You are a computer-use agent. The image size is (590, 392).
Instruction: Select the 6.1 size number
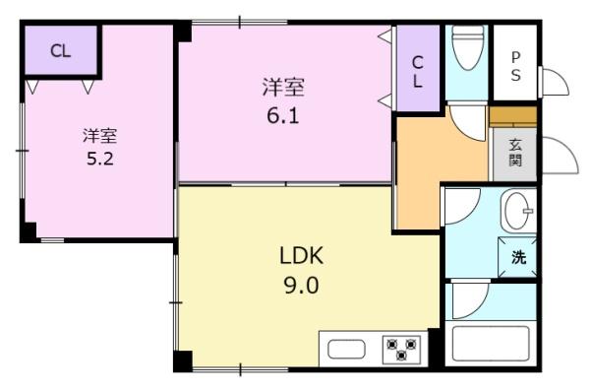283,114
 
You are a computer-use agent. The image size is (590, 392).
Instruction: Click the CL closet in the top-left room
60,51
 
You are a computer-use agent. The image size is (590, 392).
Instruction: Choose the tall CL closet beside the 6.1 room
417,71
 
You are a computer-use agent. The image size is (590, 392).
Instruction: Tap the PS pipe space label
515,65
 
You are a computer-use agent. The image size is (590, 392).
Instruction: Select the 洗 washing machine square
517,258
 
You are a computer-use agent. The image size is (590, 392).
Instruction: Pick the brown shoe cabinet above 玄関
513,116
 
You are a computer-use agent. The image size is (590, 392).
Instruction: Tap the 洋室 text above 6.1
283,88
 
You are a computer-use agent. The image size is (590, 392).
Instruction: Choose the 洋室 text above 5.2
99,133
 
